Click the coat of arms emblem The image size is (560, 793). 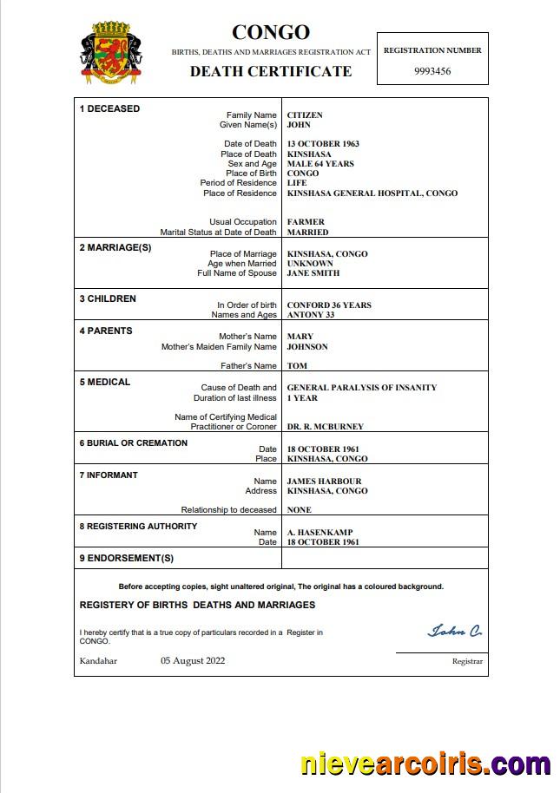[x=110, y=54]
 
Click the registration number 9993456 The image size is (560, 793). [x=432, y=71]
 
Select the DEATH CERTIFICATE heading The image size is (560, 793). [x=271, y=71]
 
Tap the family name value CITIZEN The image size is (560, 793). [x=305, y=115]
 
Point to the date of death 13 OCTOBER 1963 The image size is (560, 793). [x=323, y=144]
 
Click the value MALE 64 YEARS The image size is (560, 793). [x=320, y=164]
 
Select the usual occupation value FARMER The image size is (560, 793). [x=305, y=222]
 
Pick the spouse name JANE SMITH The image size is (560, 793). [x=313, y=273]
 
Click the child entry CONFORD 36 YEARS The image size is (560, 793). [x=329, y=305]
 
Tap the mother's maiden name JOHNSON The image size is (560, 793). [x=307, y=347]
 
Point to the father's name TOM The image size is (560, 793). [x=297, y=366]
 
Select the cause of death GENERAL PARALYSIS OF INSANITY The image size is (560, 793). [x=362, y=388]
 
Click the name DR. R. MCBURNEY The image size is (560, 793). [x=326, y=427]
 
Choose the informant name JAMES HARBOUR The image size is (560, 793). [x=324, y=482]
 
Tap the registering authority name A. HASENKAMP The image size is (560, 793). [x=320, y=533]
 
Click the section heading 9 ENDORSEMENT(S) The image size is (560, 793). [x=127, y=558]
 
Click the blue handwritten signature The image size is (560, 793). [x=454, y=631]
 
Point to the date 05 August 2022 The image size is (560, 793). [x=193, y=661]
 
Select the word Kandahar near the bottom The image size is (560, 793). [x=98, y=661]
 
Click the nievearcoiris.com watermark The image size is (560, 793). [x=425, y=764]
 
